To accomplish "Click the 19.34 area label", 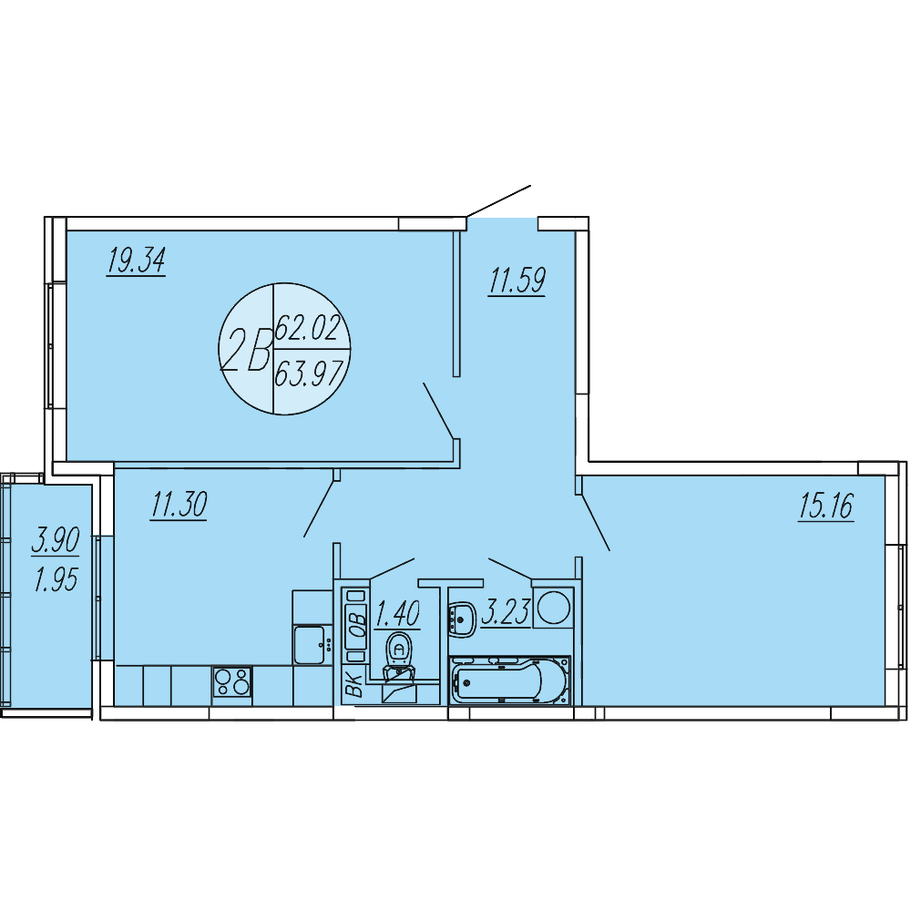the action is [x=136, y=261].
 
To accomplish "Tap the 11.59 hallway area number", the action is [x=517, y=281].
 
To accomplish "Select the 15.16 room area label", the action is [x=826, y=506].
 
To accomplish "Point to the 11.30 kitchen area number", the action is [x=179, y=505].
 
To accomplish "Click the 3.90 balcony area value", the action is [x=56, y=540].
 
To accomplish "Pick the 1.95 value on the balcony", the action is [x=56, y=579].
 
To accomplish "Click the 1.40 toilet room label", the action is [x=397, y=613].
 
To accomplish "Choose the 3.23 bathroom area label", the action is [x=506, y=612].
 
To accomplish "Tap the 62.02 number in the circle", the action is [x=307, y=327].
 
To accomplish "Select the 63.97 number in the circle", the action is [x=310, y=373].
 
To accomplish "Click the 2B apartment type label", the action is [x=246, y=350].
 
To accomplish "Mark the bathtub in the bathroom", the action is [x=510, y=681].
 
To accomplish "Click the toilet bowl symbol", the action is [x=399, y=655].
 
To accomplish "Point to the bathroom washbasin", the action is [x=462, y=619].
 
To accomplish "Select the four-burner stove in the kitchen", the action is [x=231, y=681].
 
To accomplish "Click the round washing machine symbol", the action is [x=553, y=608].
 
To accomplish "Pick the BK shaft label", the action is [x=354, y=684].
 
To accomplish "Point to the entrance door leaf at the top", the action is [x=498, y=201].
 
